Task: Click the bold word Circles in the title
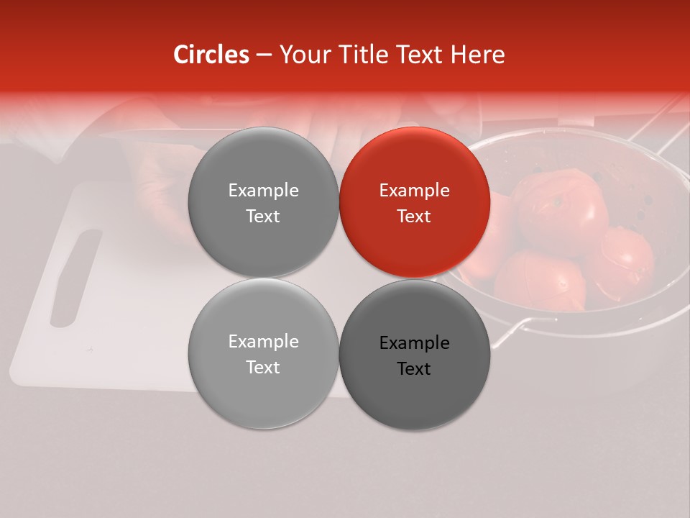211,55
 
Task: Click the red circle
415,202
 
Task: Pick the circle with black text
415,355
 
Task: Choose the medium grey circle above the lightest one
263,202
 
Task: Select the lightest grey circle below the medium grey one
263,353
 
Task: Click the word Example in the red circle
414,190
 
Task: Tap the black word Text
414,368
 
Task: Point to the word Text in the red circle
414,216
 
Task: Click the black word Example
414,343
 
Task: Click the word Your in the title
302,55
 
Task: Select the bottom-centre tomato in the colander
539,281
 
